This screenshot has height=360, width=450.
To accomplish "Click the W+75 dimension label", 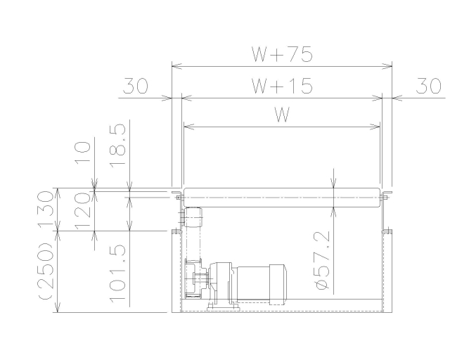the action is (282, 54).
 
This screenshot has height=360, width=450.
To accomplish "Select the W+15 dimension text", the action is (282, 86).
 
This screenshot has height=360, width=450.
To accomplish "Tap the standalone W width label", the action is (282, 115).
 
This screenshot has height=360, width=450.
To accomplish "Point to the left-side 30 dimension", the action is (136, 86).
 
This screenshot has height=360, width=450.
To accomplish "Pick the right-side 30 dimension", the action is (428, 86).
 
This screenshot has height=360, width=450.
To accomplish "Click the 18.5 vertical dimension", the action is (118, 146).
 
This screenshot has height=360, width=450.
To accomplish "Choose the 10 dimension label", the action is (83, 153).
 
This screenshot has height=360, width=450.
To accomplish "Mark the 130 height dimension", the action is (46, 208).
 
